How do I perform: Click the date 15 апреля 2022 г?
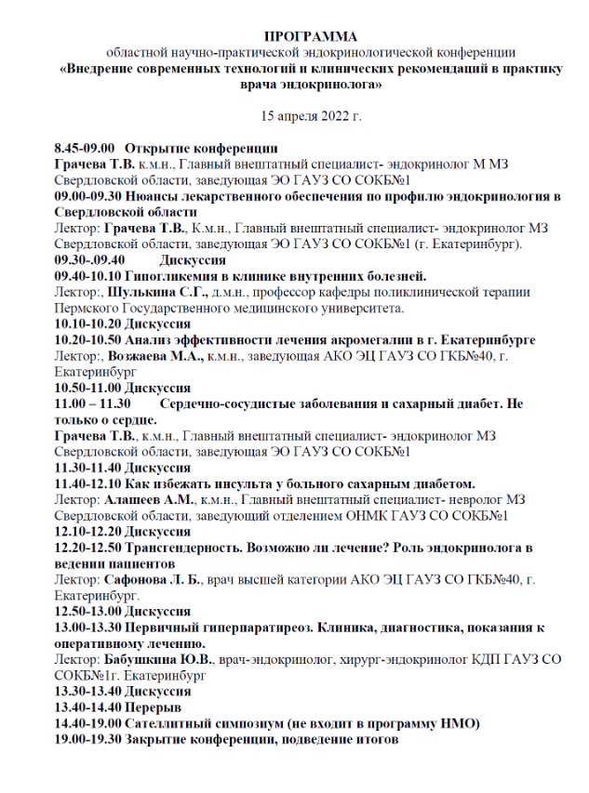click(x=310, y=116)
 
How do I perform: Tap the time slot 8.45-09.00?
click(x=84, y=148)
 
